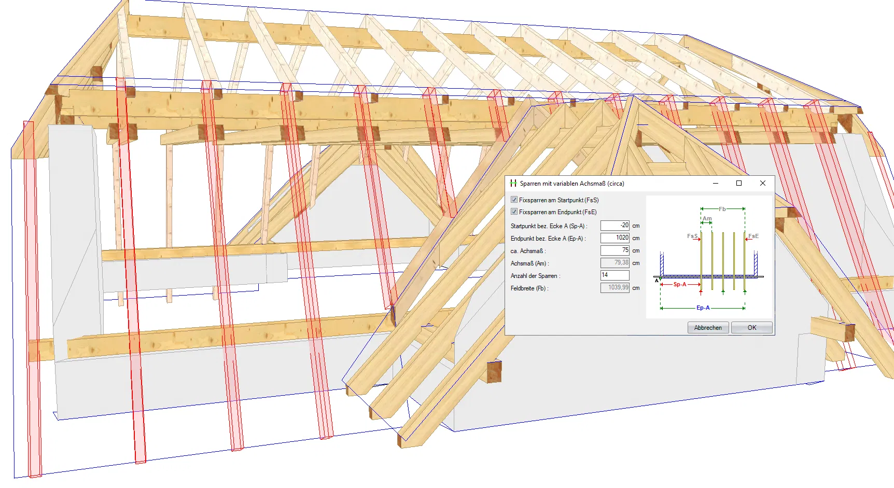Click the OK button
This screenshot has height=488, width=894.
[752, 328]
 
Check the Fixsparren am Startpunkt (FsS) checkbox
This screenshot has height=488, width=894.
[514, 200]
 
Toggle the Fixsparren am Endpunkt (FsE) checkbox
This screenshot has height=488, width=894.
[514, 212]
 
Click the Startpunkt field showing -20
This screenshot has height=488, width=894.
[615, 226]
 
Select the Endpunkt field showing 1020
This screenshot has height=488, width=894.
[615, 238]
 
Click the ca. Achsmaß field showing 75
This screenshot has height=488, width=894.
[615, 250]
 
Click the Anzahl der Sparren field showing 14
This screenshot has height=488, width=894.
[615, 275]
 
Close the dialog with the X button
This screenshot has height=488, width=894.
[762, 183]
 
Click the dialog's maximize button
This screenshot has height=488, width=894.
[739, 183]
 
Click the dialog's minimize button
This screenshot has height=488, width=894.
[716, 183]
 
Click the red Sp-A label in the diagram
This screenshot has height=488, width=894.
[680, 284]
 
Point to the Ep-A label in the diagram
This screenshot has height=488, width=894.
[703, 308]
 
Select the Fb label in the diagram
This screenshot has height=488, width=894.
[722, 209]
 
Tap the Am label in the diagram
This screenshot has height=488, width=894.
[707, 218]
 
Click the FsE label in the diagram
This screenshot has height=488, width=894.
[753, 236]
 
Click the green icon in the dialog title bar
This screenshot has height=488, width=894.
[513, 183]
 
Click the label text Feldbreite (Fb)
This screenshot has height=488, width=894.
[529, 288]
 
